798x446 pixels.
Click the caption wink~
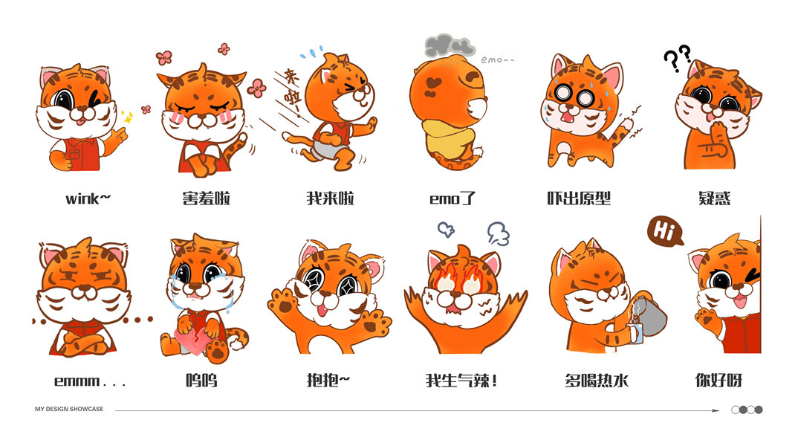[x=88, y=198]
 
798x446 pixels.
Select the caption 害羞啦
[x=206, y=198]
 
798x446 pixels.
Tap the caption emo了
[x=452, y=198]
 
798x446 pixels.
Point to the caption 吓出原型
[x=579, y=198]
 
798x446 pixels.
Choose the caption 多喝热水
[x=597, y=381]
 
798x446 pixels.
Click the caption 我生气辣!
[x=461, y=381]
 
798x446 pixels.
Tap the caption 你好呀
[x=718, y=381]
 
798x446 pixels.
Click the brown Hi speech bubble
[x=664, y=232]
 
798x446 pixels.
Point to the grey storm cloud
[x=448, y=46]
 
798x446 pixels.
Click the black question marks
[x=678, y=57]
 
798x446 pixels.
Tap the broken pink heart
[x=193, y=341]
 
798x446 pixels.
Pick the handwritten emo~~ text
[x=497, y=60]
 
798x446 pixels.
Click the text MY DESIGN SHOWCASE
[x=69, y=409]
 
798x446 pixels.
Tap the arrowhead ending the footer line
[x=716, y=410]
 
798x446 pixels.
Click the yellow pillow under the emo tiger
[x=450, y=137]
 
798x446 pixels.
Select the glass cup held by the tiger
[x=635, y=333]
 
